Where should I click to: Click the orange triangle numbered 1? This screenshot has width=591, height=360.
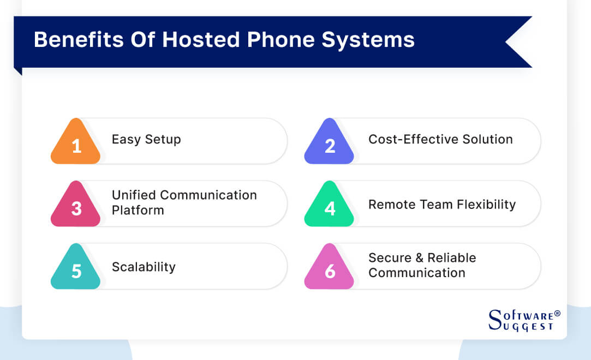pos(76,143)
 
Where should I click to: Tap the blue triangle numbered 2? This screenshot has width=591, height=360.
pos(330,143)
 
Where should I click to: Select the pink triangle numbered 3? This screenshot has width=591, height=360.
pos(76,206)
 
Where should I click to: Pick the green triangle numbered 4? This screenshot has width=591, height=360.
pos(330,206)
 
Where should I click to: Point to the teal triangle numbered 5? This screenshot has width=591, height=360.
pos(76,269)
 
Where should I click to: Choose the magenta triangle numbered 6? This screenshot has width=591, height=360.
pos(330,269)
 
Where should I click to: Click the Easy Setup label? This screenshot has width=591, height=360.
pos(146,140)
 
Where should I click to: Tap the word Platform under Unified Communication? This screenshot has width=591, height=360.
pos(138,210)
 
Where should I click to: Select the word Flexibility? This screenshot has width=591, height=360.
pos(484,205)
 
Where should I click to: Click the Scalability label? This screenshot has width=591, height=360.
pos(144,267)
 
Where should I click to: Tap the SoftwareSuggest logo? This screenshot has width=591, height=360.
pos(521,320)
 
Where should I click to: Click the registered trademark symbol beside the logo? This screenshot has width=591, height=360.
pos(557,314)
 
